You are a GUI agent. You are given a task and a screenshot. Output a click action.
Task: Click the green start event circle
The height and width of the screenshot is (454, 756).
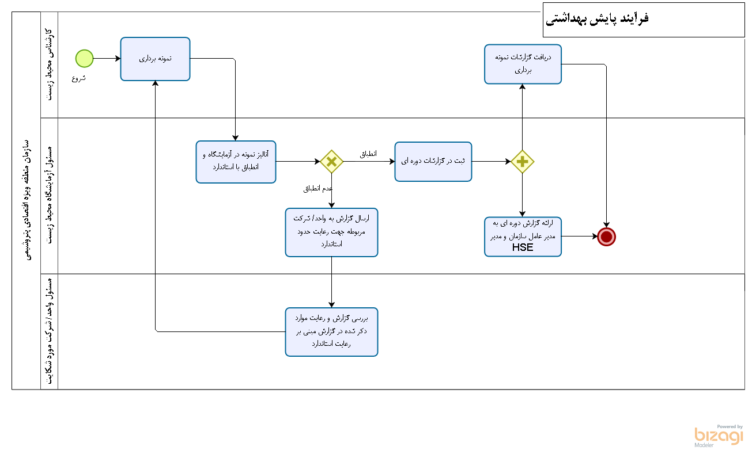pos(84,58)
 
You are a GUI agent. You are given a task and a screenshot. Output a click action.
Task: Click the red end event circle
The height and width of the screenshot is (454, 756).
pos(606,236)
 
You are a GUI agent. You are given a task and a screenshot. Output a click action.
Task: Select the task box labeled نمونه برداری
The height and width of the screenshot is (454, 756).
pos(155,59)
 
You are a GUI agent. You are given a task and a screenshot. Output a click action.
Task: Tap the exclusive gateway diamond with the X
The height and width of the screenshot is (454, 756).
pos(331,162)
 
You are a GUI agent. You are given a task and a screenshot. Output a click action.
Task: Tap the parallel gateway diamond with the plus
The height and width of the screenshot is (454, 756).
pos(522,162)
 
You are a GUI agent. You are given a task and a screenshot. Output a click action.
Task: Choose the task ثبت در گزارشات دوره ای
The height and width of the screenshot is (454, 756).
pos(433,162)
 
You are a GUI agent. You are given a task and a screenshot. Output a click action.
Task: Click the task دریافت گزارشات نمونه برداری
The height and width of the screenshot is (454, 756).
pos(523,64)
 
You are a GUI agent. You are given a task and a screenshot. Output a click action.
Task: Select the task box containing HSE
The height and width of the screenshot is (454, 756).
pos(523,236)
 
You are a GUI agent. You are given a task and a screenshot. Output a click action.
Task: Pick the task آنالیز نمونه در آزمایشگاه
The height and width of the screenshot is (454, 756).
pos(236,162)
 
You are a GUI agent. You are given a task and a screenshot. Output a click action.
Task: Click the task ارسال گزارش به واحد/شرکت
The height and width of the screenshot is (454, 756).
pos(331,232)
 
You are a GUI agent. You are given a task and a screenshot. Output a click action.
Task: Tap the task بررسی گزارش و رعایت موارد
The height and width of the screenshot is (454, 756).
pos(331,331)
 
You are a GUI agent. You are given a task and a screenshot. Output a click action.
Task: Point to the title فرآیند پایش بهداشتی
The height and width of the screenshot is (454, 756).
pos(597,18)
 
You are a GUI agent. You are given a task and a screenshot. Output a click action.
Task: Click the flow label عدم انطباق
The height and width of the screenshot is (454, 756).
pos(318,189)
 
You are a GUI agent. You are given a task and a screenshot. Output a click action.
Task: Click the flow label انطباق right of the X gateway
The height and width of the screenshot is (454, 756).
pos(368,154)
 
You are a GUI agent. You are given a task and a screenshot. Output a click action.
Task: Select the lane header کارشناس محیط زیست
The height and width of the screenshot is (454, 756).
pos(50,64)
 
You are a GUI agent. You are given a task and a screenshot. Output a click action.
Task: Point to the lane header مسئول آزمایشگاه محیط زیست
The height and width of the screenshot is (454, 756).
pos(50,196)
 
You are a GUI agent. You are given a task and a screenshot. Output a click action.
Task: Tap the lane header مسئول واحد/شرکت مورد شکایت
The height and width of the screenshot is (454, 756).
pos(50,331)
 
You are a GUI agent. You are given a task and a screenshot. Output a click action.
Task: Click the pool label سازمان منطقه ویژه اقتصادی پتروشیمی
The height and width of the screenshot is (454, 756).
pos(27,200)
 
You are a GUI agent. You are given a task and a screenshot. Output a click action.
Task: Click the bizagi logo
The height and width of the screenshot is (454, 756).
pos(719,436)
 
